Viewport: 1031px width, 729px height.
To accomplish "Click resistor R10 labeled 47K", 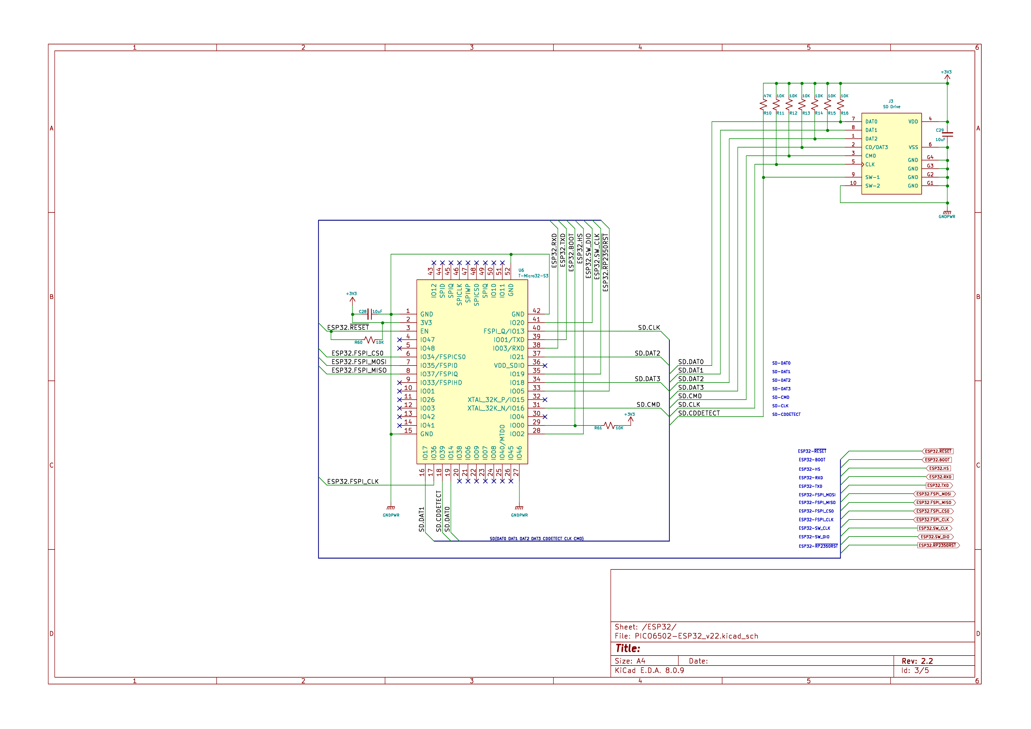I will [x=763, y=105].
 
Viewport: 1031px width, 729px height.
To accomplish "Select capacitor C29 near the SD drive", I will [x=948, y=134].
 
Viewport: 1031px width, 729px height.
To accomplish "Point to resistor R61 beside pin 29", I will [x=609, y=425].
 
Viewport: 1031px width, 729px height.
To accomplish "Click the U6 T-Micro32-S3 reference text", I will [x=533, y=273].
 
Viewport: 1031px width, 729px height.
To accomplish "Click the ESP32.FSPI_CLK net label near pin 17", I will [x=352, y=482].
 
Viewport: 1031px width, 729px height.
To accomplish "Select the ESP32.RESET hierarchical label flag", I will [x=938, y=451].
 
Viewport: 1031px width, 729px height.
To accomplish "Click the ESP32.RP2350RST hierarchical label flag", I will [x=938, y=545].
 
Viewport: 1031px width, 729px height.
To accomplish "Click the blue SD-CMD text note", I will [x=780, y=397].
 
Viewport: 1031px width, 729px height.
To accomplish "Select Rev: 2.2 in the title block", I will [x=917, y=661].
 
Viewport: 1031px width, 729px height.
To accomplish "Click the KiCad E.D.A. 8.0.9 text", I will [x=649, y=671].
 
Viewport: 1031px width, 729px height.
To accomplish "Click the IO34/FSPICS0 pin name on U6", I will [x=443, y=357].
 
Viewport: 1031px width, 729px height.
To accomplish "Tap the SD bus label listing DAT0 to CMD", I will [x=536, y=538].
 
